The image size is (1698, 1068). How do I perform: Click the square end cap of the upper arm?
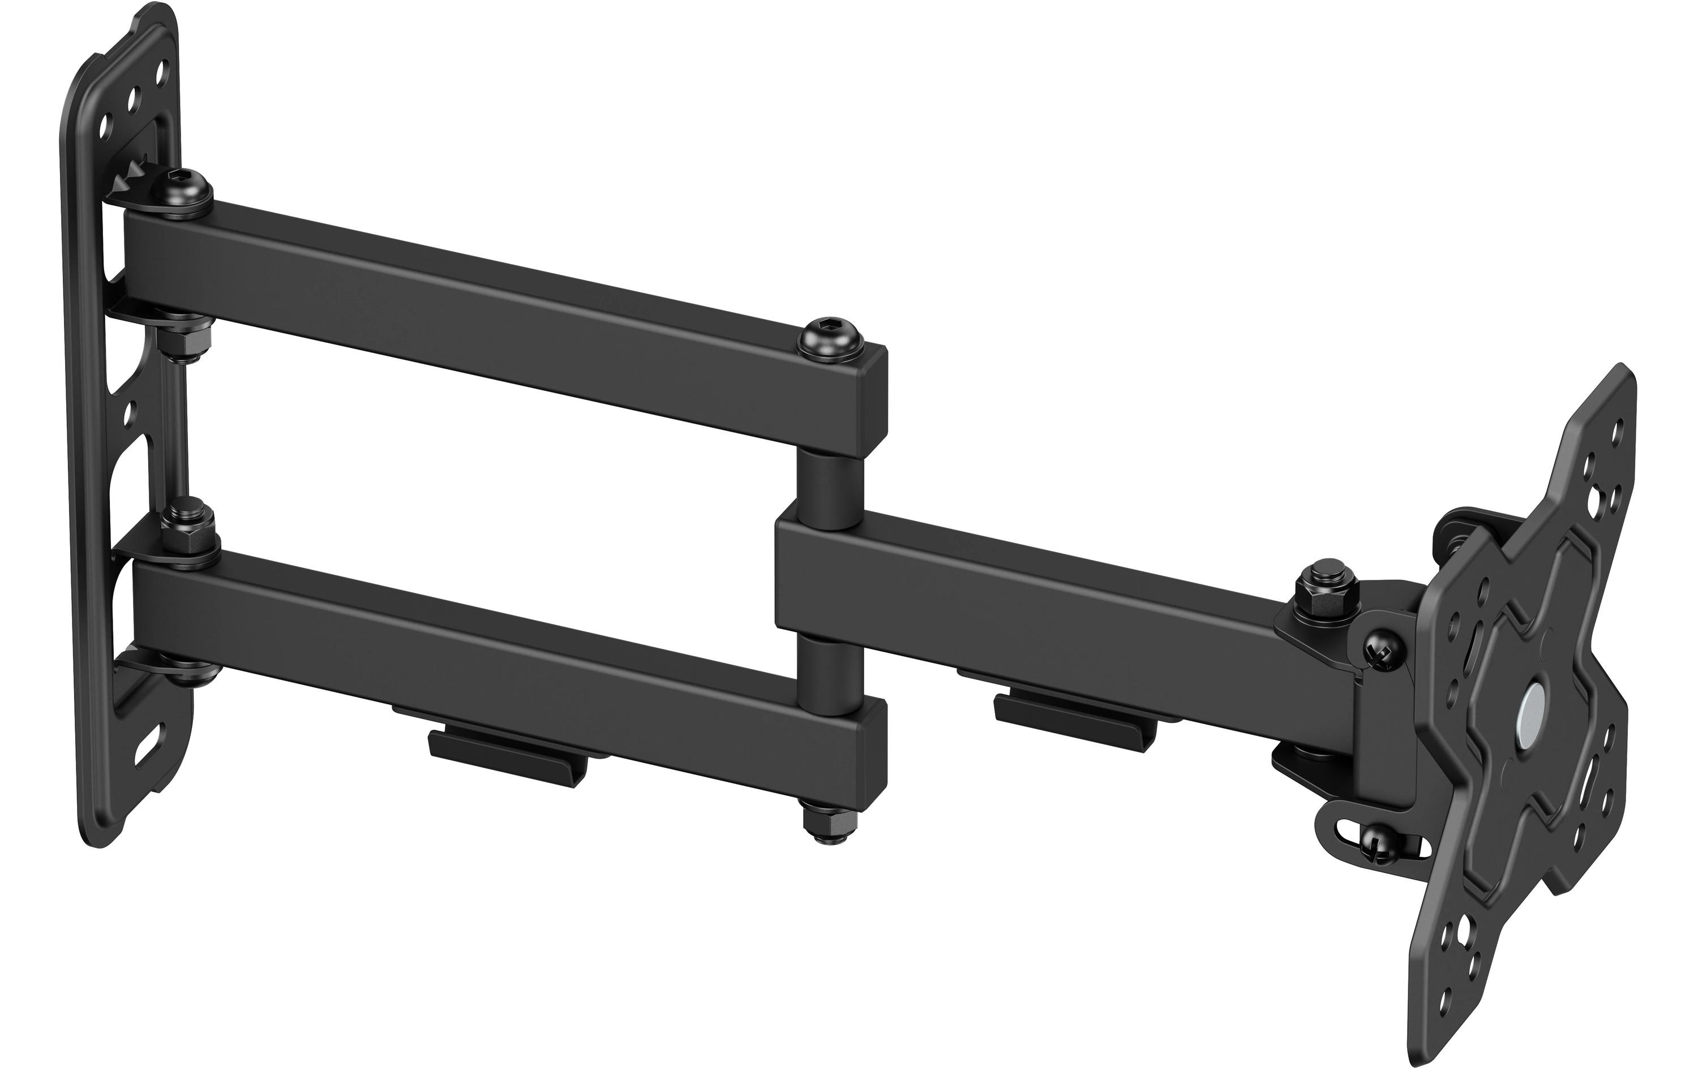point(874,395)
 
